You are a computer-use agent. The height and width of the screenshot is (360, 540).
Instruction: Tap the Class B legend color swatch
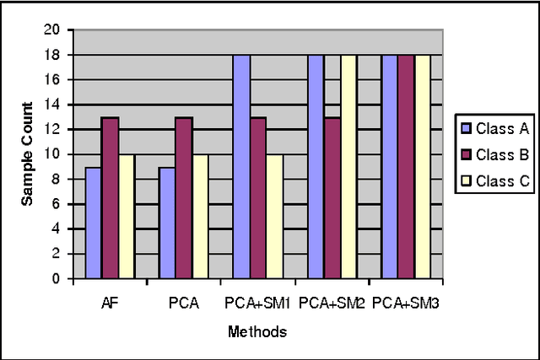(464, 154)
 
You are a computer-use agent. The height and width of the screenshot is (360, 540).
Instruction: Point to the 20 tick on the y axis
(57, 30)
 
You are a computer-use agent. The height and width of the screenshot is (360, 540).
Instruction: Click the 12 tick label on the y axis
(57, 129)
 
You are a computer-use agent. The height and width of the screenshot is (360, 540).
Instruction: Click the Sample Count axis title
(26, 154)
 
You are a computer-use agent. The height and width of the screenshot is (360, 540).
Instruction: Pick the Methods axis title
(257, 332)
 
